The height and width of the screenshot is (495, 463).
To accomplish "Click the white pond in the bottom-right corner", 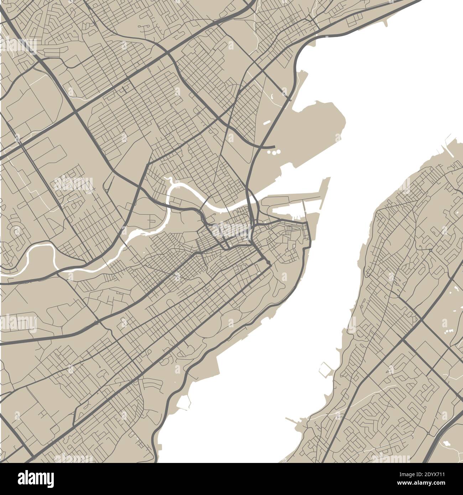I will tap(446, 444).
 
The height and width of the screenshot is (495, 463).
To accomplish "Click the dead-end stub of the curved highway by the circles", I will tap(273, 146).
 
